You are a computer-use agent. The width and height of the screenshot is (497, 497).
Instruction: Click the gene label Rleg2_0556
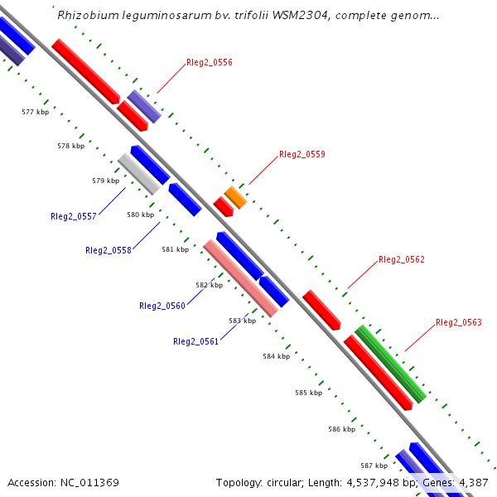pos(209,62)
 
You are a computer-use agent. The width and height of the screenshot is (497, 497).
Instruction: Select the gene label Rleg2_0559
pos(302,154)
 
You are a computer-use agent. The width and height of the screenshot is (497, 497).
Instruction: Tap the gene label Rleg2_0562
pos(401,259)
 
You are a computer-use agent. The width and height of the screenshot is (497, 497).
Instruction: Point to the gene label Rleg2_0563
pos(458,322)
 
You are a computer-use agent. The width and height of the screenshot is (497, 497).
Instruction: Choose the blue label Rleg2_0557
pos(74,216)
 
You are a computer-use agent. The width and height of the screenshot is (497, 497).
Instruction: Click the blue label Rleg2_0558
pos(108,250)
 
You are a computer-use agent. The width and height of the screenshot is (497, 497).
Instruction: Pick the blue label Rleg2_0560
pos(162,306)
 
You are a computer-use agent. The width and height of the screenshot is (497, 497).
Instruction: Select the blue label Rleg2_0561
pos(195,341)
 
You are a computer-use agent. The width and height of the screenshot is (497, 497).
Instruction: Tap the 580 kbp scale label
pos(140,215)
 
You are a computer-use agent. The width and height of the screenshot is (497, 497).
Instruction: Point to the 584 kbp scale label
pos(276,356)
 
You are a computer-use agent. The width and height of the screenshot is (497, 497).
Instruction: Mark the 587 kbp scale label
pos(374,466)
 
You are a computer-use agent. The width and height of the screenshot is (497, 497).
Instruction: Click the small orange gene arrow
pos(235,197)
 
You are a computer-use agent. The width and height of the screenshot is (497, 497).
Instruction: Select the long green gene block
pos(390,364)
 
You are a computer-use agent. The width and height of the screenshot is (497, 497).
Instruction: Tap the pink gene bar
pos(240,278)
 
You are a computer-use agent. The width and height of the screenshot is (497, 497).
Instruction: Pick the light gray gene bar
pos(138,174)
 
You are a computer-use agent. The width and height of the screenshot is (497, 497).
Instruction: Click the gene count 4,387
pos(473,482)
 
